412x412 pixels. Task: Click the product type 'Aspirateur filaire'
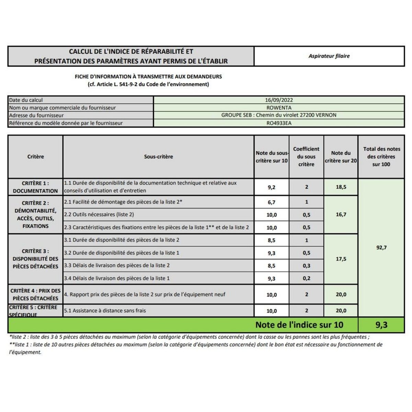click(329, 56)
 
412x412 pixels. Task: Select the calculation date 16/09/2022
click(279, 100)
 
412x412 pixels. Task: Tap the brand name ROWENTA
click(279, 107)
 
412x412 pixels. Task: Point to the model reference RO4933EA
click(279, 123)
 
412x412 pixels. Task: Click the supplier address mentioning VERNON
click(279, 115)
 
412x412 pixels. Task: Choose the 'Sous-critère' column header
click(158, 157)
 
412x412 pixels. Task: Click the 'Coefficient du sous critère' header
click(306, 157)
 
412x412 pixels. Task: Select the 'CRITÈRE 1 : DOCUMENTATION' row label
click(35, 187)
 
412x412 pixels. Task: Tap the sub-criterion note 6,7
click(272, 202)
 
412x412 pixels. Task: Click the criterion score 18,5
click(341, 187)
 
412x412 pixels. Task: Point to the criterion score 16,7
click(341, 215)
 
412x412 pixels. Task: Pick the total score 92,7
click(381, 248)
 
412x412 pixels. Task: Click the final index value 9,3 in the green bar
click(381, 325)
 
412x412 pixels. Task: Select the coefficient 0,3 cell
click(306, 266)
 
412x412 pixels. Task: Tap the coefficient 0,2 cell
click(306, 278)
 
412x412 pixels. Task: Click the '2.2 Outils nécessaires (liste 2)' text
click(99, 215)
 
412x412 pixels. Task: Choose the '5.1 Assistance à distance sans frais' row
click(105, 311)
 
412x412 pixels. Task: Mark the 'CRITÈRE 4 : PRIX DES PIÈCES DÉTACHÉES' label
click(35, 295)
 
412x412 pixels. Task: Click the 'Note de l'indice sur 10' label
click(299, 325)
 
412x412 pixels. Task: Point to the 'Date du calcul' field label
click(26, 100)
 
